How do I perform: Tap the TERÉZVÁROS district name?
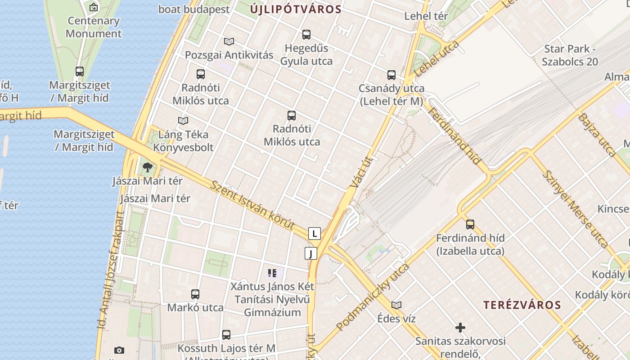point(522,305)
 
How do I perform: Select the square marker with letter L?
point(314,234)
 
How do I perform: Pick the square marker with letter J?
point(310,253)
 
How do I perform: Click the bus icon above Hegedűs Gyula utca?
point(306,35)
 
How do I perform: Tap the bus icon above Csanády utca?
point(391,75)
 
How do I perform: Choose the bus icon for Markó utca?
point(195,294)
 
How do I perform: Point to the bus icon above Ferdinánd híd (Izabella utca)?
point(470,224)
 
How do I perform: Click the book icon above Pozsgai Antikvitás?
point(229,42)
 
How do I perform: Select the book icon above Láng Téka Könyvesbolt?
point(183,121)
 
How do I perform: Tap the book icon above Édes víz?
point(396,305)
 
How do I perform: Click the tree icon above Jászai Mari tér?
point(147,168)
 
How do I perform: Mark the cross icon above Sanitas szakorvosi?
point(460,327)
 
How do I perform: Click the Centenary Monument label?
point(94,27)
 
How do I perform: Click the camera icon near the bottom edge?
point(119,350)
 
